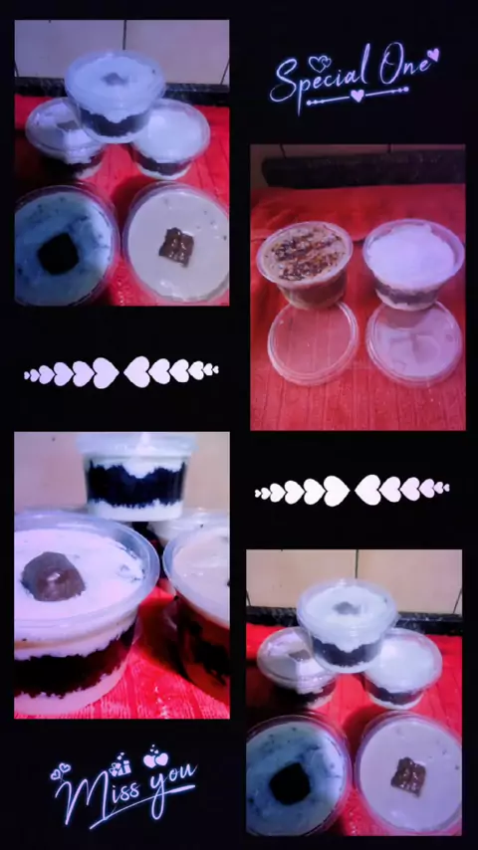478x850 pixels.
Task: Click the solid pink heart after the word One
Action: (433, 54)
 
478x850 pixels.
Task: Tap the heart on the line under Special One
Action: (357, 96)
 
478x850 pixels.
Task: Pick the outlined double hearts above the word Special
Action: (320, 64)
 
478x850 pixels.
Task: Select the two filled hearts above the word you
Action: (156, 758)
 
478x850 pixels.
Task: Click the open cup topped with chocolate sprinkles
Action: (305, 264)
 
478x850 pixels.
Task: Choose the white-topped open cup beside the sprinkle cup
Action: (413, 264)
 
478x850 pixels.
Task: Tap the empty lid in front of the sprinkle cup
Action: (313, 342)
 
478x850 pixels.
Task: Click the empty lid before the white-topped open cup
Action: (414, 342)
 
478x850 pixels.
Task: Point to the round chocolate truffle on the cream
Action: (53, 575)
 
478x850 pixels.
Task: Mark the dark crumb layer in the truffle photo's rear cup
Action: (135, 483)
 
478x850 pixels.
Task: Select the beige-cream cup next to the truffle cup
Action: (197, 606)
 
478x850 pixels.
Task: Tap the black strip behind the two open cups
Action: (363, 167)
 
